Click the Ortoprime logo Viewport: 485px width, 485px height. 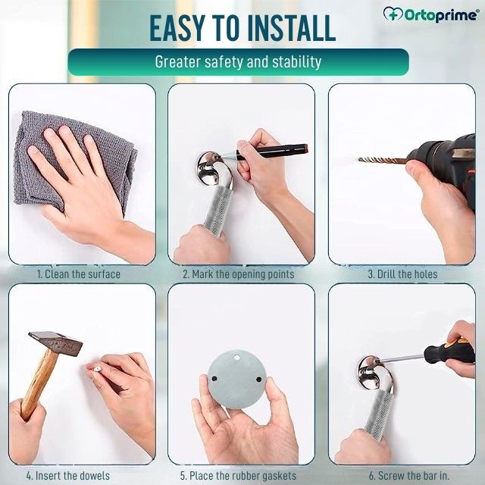pos(430,14)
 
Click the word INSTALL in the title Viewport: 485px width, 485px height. pos(283,29)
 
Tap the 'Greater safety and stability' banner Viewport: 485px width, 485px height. pos(238,61)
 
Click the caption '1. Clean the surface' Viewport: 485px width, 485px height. pos(79,274)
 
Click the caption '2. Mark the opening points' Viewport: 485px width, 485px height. pos(238,274)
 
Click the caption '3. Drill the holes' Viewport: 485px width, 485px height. pos(402,274)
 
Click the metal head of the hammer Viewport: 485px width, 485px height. pos(56,343)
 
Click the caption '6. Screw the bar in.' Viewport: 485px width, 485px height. pos(402,476)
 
